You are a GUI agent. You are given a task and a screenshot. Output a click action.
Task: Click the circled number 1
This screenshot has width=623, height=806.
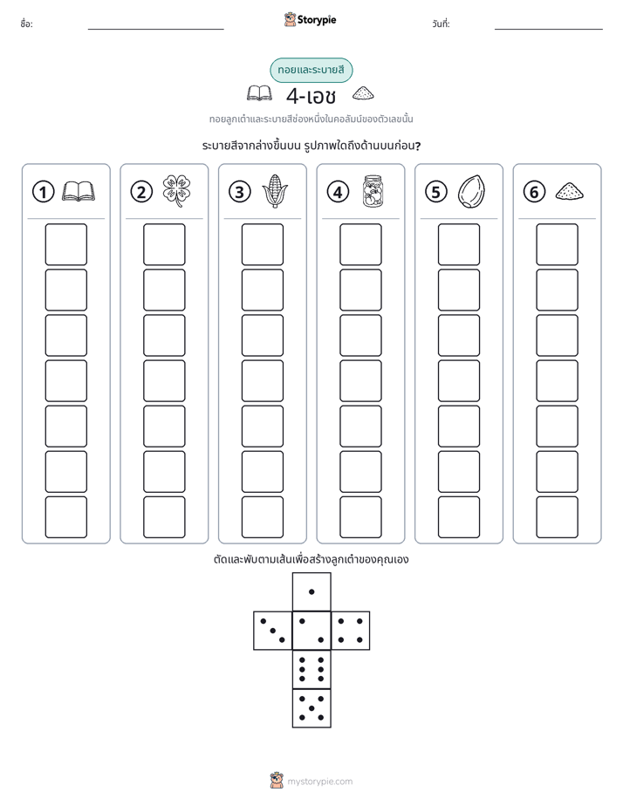coord(43,192)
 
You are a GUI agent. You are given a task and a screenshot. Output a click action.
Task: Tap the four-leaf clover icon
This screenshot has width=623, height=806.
coord(176,191)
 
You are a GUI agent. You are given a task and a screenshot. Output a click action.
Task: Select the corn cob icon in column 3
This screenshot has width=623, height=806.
coord(275,191)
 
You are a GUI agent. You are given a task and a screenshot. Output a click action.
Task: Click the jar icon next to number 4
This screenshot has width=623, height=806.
coord(373,191)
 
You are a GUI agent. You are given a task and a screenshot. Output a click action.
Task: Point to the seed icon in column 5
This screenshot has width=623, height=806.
coord(471,192)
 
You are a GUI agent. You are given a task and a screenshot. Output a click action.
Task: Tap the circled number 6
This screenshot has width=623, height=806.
coord(534,192)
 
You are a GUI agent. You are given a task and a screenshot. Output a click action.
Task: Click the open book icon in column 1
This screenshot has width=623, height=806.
coord(79,191)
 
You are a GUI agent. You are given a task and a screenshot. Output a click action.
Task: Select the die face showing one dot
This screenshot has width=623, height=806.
coord(311,592)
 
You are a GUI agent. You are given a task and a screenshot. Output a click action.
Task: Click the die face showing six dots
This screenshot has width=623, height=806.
coord(311,669)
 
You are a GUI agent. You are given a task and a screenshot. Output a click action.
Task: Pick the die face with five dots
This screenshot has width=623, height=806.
coord(311,707)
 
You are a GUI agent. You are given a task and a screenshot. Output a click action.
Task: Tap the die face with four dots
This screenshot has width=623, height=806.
coord(351,631)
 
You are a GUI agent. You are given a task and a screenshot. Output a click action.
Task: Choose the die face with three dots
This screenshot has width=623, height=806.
coord(273,631)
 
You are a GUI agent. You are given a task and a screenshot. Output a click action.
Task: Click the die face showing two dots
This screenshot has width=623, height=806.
coord(311,631)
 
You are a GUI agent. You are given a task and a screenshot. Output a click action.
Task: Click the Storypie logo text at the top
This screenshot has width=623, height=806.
coord(317,20)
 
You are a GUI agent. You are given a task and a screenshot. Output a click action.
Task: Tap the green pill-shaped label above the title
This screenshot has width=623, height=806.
coord(311,70)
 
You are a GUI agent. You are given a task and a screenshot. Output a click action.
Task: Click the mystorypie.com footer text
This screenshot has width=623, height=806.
coord(319,782)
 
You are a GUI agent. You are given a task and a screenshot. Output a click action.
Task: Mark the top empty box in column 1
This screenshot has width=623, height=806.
coord(65,244)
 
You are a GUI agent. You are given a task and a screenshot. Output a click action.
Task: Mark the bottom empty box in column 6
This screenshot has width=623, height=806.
coord(558,517)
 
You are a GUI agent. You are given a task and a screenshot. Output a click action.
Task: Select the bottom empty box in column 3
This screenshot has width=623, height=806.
coord(262,517)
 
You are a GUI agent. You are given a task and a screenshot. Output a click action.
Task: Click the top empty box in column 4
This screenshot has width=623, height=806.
coord(360,244)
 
